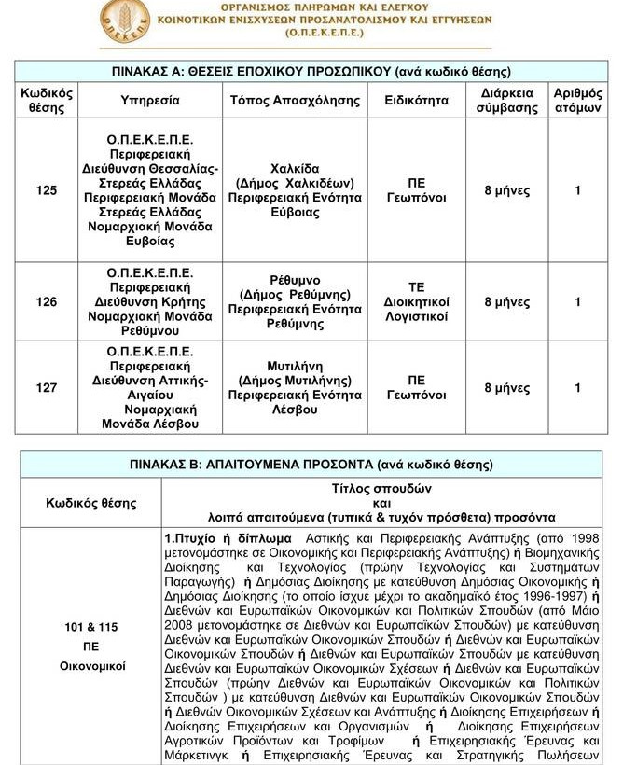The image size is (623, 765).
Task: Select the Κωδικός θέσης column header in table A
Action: pos(46,100)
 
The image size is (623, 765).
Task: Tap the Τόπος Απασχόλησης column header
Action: pos(295,100)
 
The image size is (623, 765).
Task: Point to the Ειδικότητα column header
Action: pos(416,100)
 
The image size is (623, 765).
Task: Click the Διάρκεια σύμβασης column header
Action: pos(507,100)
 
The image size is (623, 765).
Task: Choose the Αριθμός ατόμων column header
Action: pos(577,100)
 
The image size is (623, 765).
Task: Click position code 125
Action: pos(46,190)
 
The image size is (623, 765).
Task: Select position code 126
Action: pos(46,301)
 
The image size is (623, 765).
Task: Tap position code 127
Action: pos(46,388)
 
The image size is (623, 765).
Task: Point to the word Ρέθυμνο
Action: pos(295,279)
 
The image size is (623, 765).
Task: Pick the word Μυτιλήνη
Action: pos(295,366)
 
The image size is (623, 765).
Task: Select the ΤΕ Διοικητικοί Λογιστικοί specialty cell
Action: pos(416,301)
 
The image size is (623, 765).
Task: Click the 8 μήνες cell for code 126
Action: pos(507,301)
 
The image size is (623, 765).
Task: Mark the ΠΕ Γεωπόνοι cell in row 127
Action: pos(416,388)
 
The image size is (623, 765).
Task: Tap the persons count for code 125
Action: pos(577,190)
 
